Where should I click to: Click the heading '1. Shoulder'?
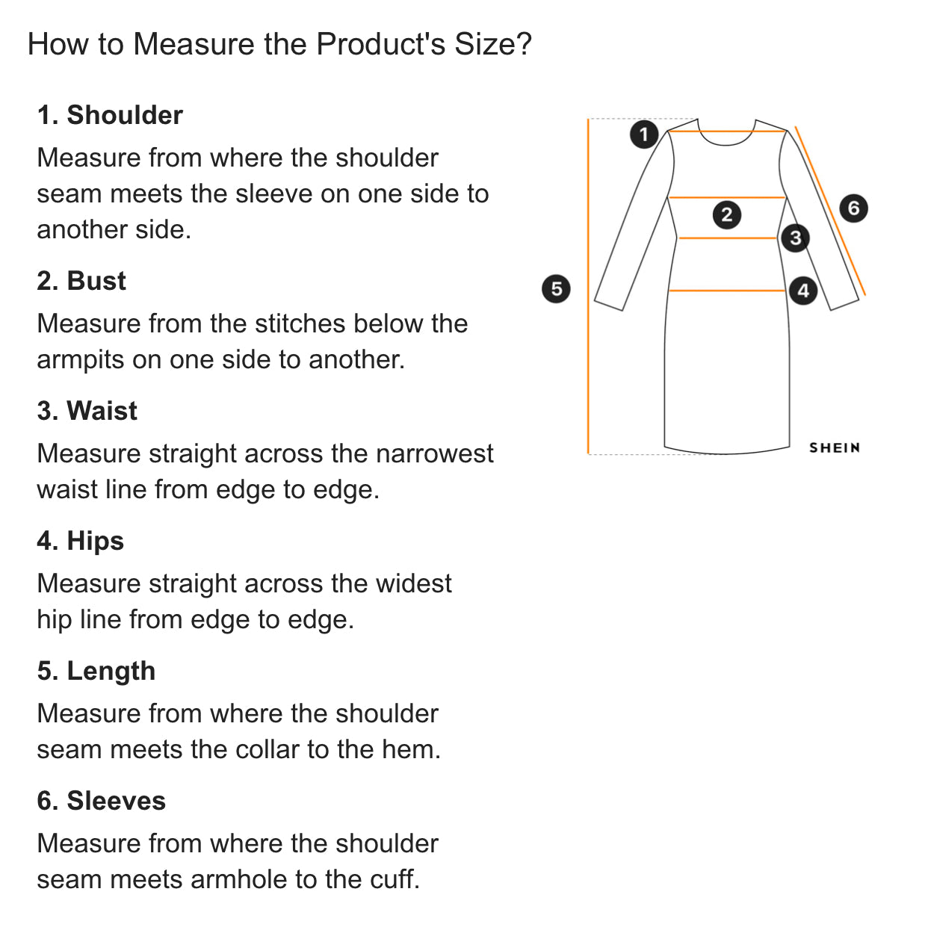pyautogui.click(x=110, y=115)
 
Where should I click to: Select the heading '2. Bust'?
pyautogui.click(x=81, y=281)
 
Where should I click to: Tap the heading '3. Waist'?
pyautogui.click(x=87, y=411)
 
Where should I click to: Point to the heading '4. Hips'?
pyautogui.click(x=81, y=542)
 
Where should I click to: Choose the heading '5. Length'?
pyautogui.click(x=96, y=672)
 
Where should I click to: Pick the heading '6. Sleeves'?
pyautogui.click(x=101, y=801)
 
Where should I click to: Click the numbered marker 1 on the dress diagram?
pyautogui.click(x=643, y=134)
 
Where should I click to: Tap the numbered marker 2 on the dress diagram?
pyautogui.click(x=726, y=214)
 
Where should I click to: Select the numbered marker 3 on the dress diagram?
pyautogui.click(x=795, y=238)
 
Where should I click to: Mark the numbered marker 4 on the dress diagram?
pyautogui.click(x=803, y=291)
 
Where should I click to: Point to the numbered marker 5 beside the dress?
pyautogui.click(x=556, y=289)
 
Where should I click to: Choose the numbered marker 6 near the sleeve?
pyautogui.click(x=853, y=208)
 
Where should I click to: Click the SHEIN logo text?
pyautogui.click(x=835, y=448)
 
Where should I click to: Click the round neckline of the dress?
pyautogui.click(x=726, y=144)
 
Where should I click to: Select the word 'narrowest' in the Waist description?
pyautogui.click(x=434, y=454)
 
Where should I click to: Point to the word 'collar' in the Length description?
pyautogui.click(x=267, y=749)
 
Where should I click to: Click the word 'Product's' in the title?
pyautogui.click(x=380, y=44)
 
